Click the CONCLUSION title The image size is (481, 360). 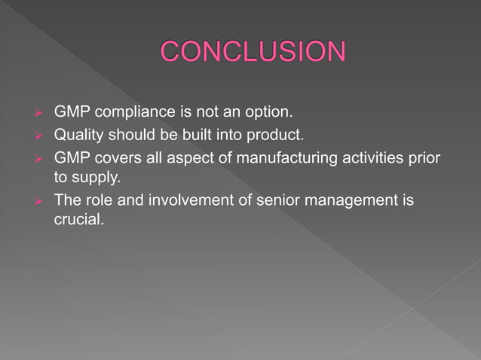point(253,52)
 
